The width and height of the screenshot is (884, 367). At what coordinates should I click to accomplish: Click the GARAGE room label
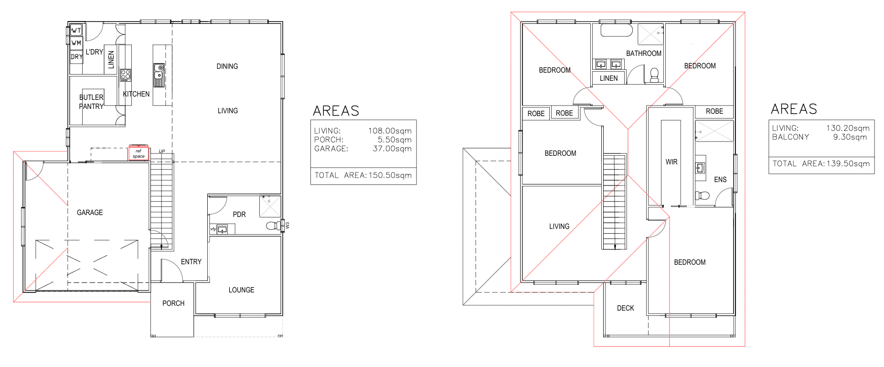[90, 213]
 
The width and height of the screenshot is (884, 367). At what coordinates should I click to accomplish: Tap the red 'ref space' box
[138, 153]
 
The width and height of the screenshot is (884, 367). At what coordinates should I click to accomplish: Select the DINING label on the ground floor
[227, 66]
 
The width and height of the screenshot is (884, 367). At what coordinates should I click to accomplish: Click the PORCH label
[173, 303]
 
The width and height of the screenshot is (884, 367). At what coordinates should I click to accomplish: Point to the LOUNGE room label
[241, 290]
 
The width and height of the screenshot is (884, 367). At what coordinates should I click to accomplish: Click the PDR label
[239, 215]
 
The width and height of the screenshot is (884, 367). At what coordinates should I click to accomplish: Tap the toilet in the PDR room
[274, 225]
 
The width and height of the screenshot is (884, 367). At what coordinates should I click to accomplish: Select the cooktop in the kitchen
[126, 75]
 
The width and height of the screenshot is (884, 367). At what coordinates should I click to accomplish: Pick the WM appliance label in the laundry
[76, 43]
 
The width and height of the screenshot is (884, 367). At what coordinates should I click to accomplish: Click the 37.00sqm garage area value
[392, 149]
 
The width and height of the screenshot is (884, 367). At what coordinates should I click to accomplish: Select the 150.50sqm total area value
[390, 175]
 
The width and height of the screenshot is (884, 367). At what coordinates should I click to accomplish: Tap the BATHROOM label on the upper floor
[644, 54]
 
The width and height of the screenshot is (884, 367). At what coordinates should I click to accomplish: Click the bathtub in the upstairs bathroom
[617, 30]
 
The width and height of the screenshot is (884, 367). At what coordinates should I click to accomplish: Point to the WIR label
[671, 162]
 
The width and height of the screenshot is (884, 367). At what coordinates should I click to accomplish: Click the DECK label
[626, 308]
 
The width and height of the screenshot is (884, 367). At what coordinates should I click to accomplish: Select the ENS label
[720, 180]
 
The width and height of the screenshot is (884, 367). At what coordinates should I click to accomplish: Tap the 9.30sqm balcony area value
[850, 137]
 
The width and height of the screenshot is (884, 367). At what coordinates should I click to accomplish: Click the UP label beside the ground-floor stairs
[162, 151]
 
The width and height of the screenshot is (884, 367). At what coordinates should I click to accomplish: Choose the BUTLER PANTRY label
[91, 102]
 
